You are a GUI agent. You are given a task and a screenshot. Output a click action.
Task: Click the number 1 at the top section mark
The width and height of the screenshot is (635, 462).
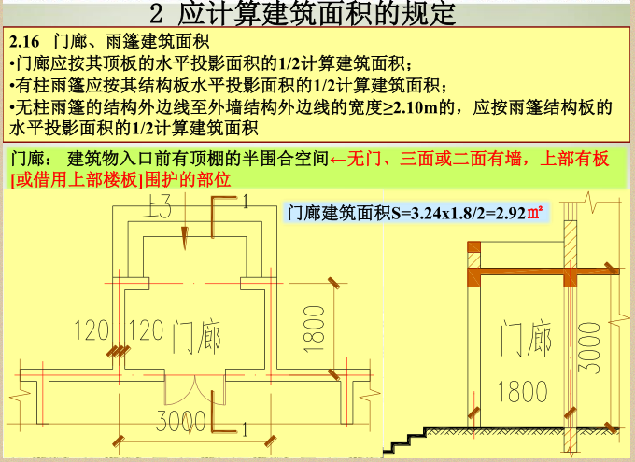point(245,201)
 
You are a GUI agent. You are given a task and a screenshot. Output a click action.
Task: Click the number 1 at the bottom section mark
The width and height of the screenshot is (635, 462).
point(245,430)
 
